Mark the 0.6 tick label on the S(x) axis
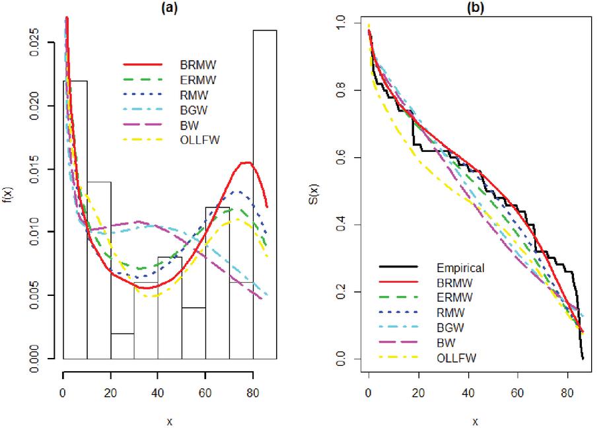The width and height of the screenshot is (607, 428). click(x=341, y=158)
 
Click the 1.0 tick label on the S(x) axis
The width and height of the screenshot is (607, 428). click(x=341, y=22)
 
